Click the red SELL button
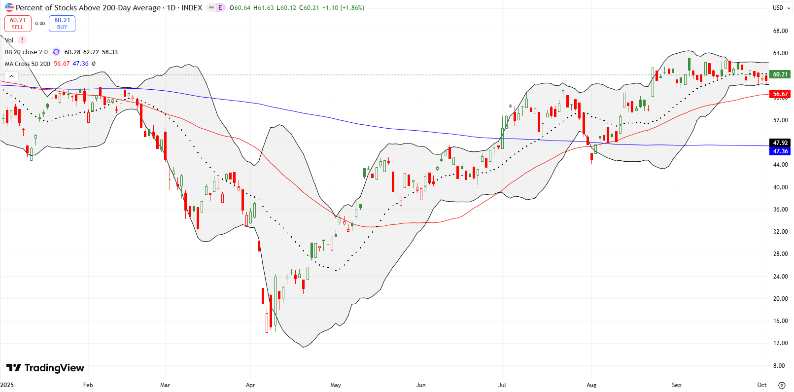18,24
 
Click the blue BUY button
62,24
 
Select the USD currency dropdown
781,8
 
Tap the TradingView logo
45,368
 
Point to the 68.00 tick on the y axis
780,31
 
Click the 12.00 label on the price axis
780,343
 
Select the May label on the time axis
336,385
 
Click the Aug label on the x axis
591,385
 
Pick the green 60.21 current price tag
780,74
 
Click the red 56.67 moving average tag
780,94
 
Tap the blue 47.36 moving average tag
780,151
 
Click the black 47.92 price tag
780,143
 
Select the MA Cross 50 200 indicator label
28,64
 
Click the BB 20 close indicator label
26,52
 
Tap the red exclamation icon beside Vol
22,40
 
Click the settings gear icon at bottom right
782,385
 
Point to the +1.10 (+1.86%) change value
343,8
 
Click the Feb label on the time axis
88,385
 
